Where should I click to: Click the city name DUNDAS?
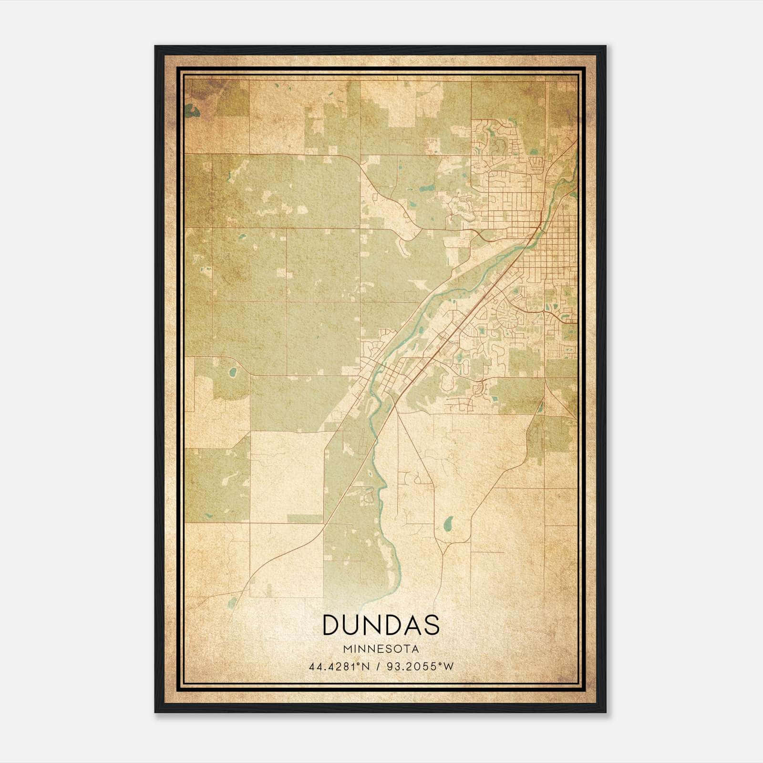pyautogui.click(x=381, y=625)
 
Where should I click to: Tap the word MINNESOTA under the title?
pyautogui.click(x=381, y=649)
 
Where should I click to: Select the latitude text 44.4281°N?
pyautogui.click(x=340, y=667)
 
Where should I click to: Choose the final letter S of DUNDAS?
pyautogui.click(x=431, y=625)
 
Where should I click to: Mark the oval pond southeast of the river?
pyautogui.click(x=448, y=525)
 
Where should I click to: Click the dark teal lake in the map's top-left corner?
pyautogui.click(x=193, y=112)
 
